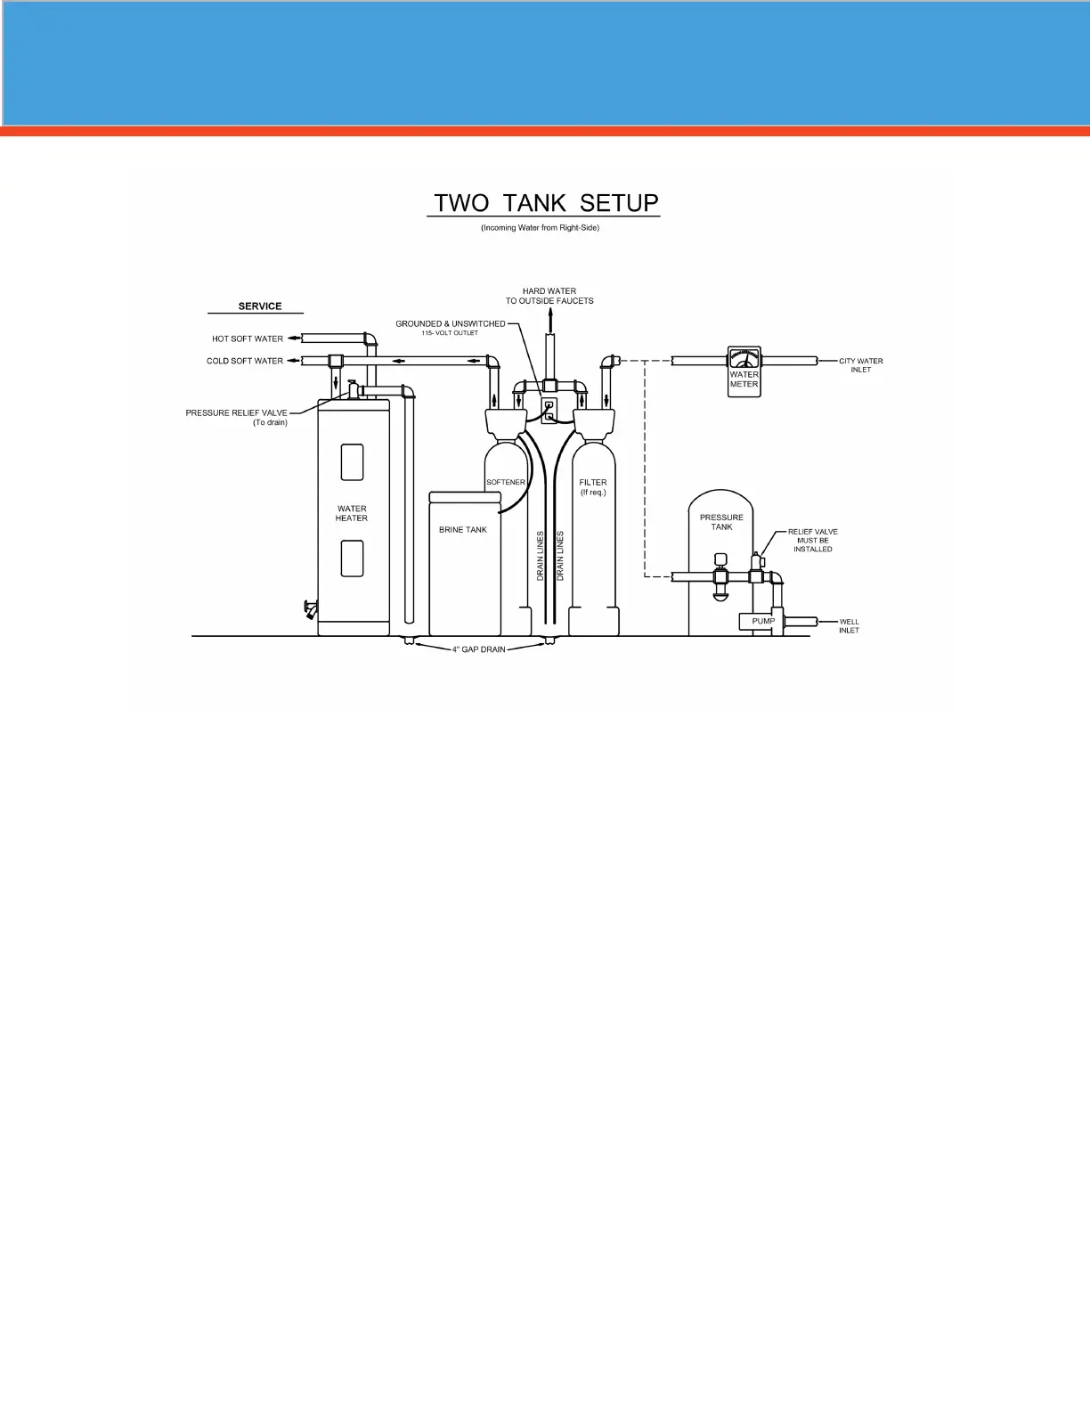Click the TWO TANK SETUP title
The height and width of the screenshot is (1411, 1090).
click(545, 203)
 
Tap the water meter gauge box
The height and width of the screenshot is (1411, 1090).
click(744, 371)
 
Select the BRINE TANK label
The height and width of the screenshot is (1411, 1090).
click(463, 530)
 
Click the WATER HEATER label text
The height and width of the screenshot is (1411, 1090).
click(352, 514)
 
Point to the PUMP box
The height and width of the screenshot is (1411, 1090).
click(762, 622)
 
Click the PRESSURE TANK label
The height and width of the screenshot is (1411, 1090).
click(721, 522)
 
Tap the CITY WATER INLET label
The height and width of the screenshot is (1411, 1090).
click(860, 365)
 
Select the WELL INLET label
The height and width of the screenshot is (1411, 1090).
click(849, 626)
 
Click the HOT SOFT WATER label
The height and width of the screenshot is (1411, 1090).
click(248, 338)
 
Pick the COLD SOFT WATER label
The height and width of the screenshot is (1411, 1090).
click(245, 361)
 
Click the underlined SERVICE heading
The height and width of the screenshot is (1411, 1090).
click(260, 306)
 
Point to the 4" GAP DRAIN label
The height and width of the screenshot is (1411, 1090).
click(478, 649)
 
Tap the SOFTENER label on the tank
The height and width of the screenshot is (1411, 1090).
click(506, 483)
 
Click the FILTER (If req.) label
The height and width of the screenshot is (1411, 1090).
click(593, 487)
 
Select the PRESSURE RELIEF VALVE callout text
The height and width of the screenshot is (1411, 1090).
click(237, 418)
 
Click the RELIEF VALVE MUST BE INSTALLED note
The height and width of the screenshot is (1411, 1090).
click(813, 541)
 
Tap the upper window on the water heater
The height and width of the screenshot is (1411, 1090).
click(353, 462)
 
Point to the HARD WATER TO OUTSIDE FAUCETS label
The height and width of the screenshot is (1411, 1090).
click(549, 296)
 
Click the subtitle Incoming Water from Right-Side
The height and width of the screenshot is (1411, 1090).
click(541, 228)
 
